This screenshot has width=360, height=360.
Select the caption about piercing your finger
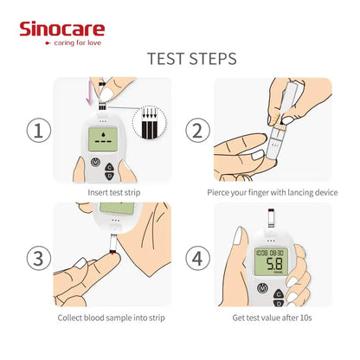tap(272, 192)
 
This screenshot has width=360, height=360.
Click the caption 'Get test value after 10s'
tap(272, 318)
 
